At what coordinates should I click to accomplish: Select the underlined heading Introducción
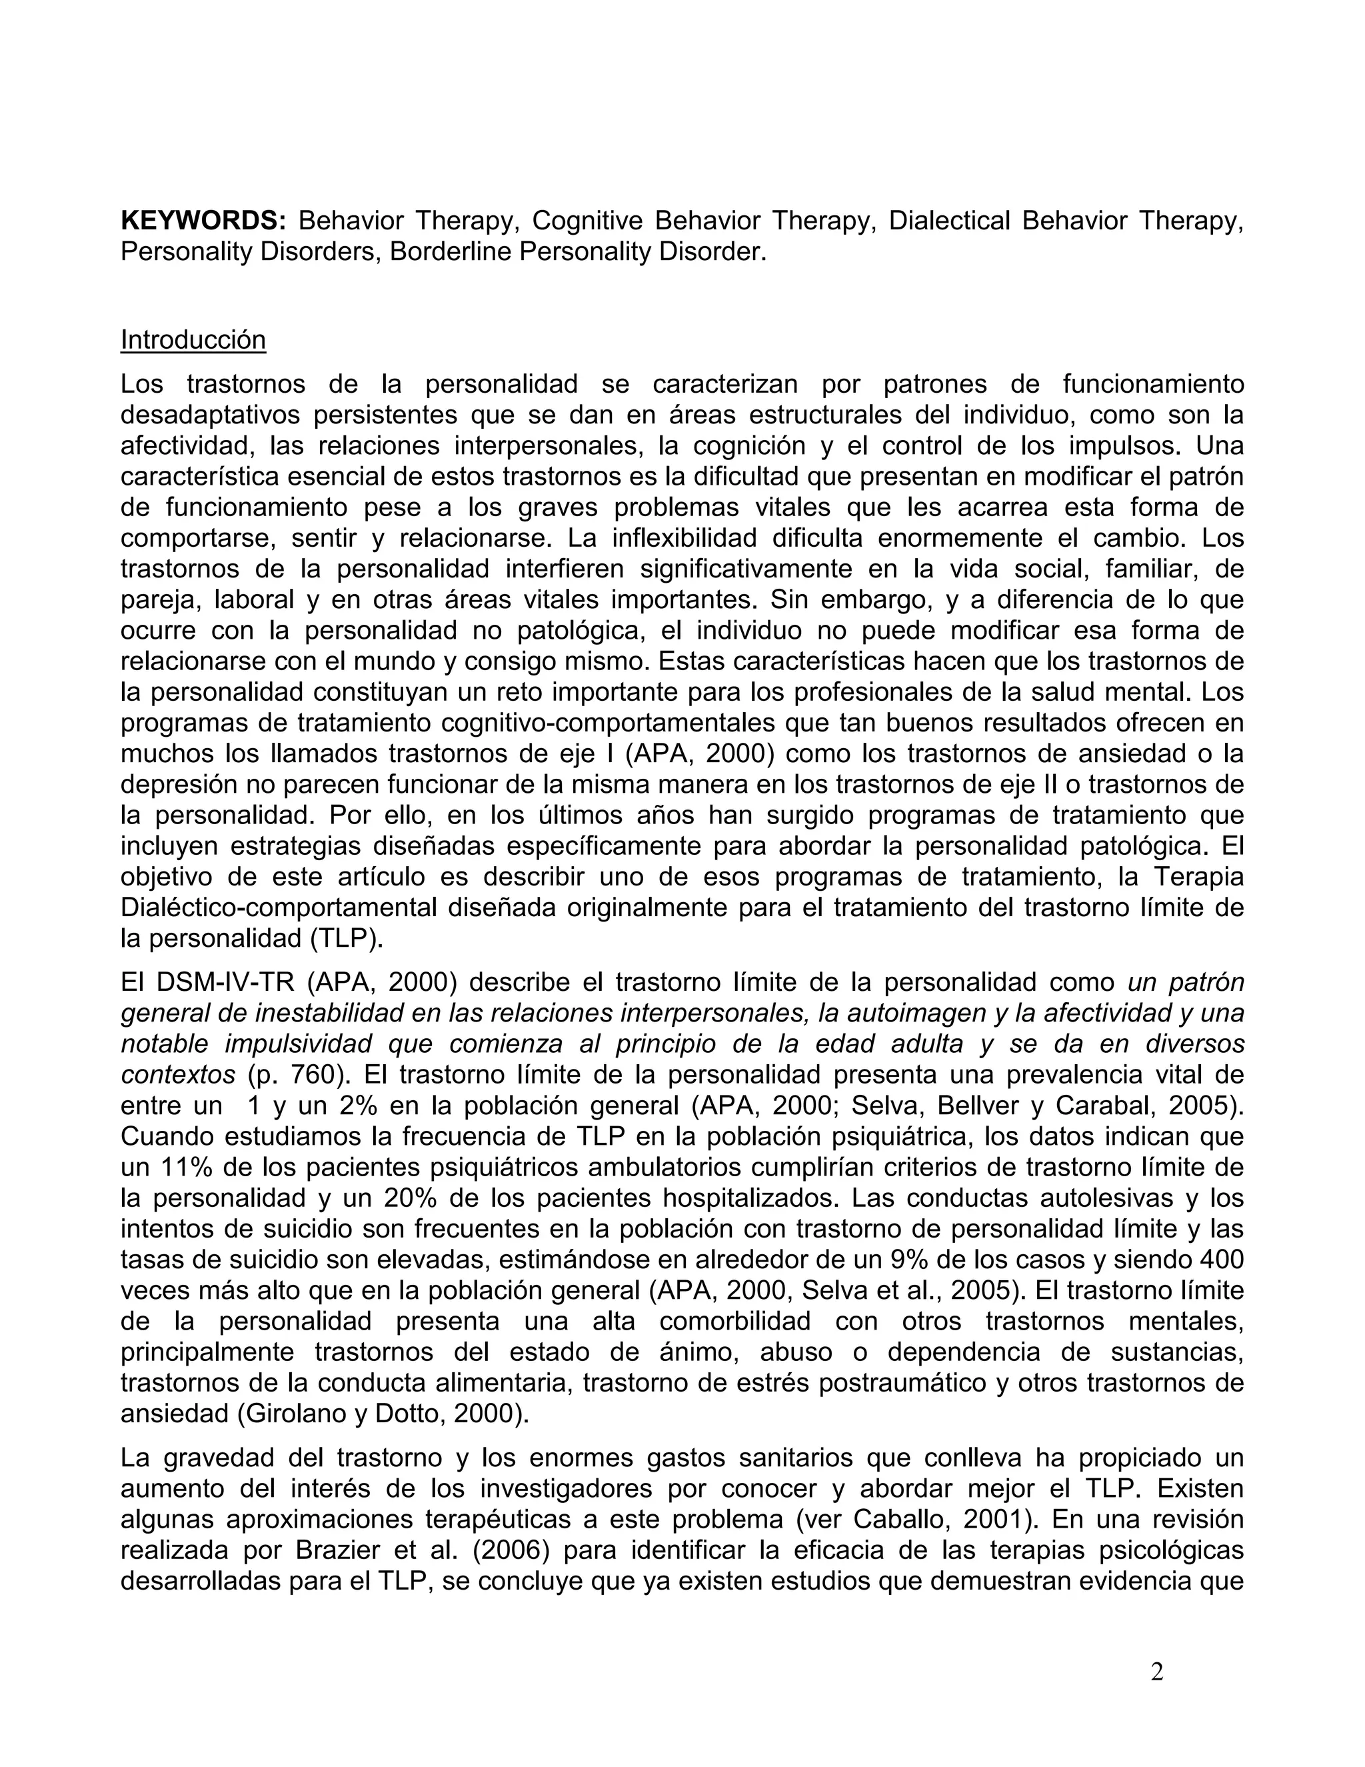coord(193,340)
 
